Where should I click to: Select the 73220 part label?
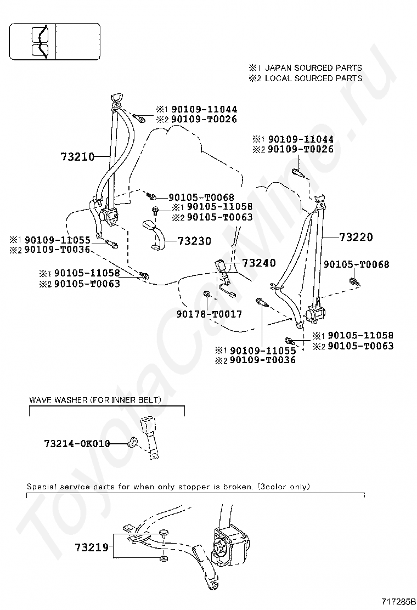tap(356, 237)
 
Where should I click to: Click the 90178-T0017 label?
tap(209, 314)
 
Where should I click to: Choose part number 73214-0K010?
tap(77, 443)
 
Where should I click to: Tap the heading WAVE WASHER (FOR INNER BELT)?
tap(95, 400)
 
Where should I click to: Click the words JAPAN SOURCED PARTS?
tap(313, 68)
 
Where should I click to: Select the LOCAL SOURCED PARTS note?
tap(313, 78)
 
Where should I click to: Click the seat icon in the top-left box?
tap(41, 42)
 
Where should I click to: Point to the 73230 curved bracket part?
tap(155, 236)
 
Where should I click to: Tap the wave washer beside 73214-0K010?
tap(133, 442)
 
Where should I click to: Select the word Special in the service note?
tap(41, 487)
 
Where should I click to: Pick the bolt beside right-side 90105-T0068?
tap(353, 282)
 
